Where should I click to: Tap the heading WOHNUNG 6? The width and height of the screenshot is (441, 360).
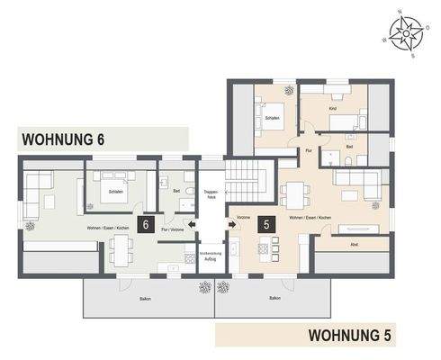pos(67,139)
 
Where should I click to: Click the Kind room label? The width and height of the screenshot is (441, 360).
pos(332,109)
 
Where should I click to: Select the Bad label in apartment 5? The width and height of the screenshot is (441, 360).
pos(349,146)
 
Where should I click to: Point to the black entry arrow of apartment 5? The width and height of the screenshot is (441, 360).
pos(234,225)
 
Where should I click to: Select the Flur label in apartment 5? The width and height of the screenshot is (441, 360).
pos(309,150)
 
